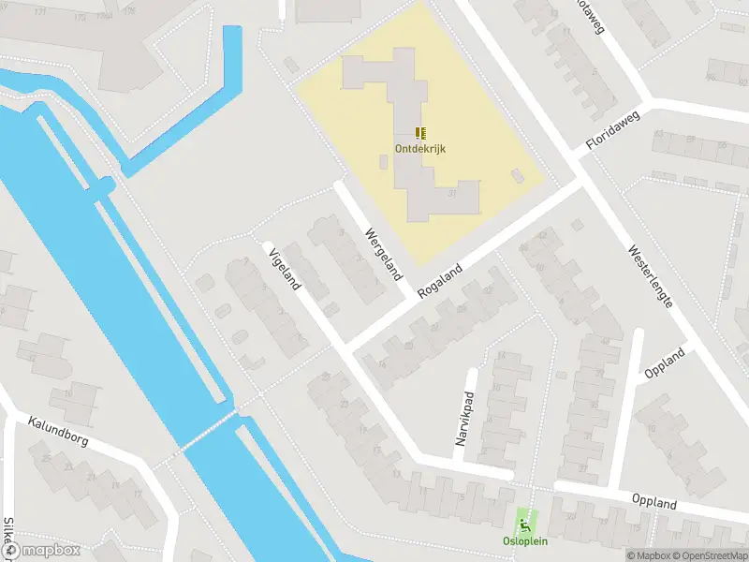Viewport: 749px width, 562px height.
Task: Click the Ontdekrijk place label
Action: (x=419, y=148)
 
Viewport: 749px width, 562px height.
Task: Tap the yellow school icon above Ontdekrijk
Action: (x=420, y=133)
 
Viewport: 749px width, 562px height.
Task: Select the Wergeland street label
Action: (x=384, y=255)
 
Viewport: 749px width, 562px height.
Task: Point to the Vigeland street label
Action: (x=283, y=269)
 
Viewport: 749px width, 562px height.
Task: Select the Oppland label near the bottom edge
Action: (x=654, y=503)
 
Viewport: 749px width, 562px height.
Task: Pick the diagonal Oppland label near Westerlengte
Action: (x=666, y=362)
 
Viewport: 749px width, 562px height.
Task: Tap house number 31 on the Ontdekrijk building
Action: (x=452, y=192)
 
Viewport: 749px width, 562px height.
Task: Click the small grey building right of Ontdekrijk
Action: (x=516, y=175)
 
